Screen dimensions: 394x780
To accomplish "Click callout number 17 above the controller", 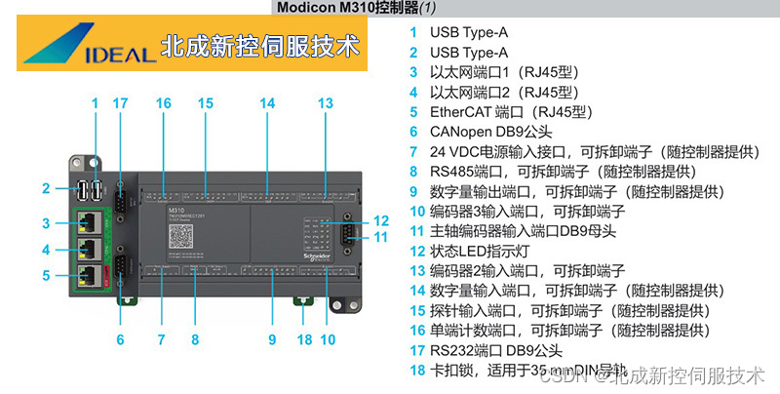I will click(120, 103).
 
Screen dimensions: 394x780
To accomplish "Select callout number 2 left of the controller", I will click(46, 188).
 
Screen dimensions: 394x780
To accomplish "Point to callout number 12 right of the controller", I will click(381, 220).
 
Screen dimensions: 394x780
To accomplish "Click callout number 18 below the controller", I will click(304, 339).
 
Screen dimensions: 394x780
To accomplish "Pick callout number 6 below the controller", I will click(120, 339).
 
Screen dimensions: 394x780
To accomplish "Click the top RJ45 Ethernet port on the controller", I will click(89, 221).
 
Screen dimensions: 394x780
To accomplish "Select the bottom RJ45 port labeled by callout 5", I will click(89, 274).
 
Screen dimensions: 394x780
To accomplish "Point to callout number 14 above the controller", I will click(267, 103).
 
